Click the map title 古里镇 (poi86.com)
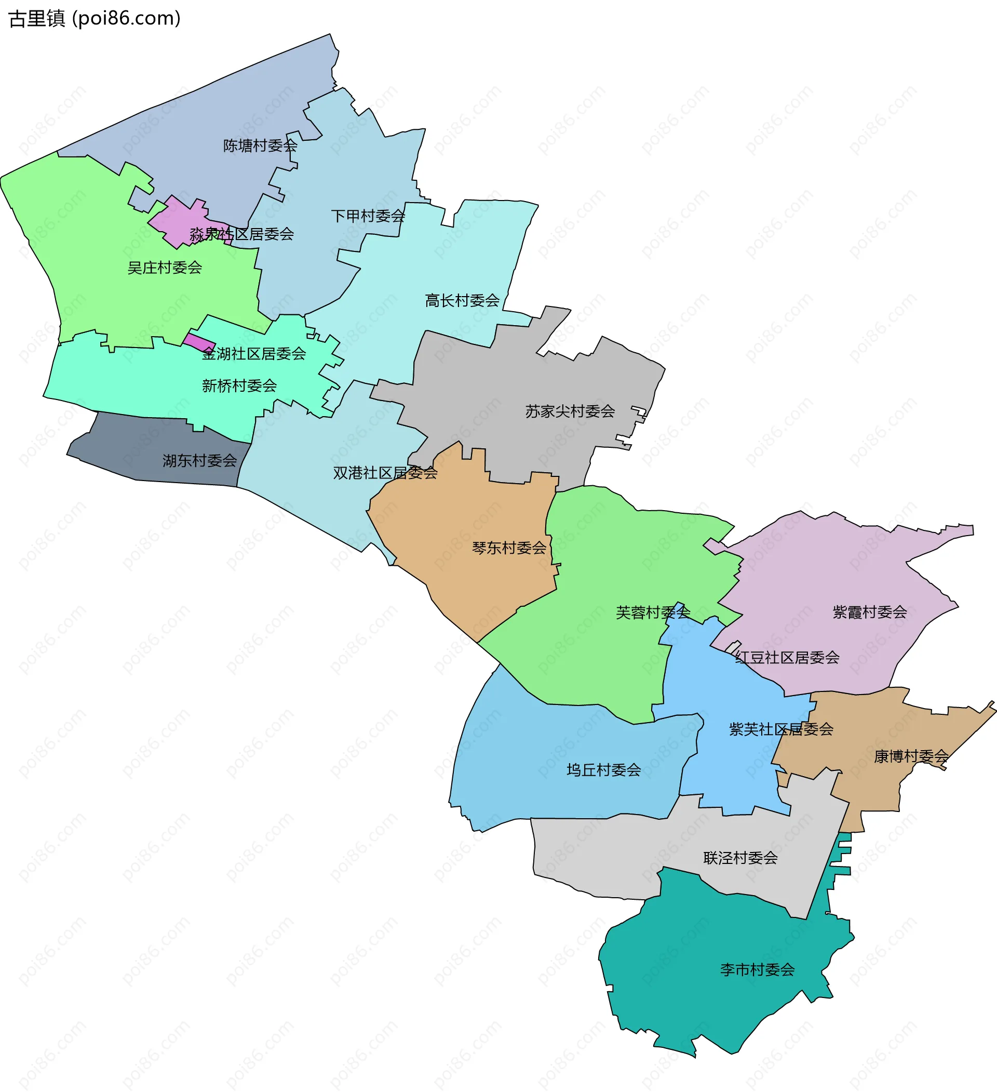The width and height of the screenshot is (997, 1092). (x=95, y=18)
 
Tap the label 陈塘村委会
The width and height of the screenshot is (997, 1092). (x=260, y=145)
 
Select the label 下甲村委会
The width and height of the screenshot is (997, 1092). (x=368, y=216)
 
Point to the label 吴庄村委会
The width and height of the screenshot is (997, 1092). (x=165, y=268)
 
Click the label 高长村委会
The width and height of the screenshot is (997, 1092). (x=462, y=301)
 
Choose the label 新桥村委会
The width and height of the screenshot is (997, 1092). (x=239, y=385)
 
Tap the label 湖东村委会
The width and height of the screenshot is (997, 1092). (x=200, y=460)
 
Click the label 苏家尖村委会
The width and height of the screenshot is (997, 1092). (x=570, y=411)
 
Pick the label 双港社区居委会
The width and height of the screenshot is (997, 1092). (x=385, y=473)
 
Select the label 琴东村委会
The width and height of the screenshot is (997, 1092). (x=509, y=548)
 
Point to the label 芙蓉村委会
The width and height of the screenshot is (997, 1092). (x=653, y=612)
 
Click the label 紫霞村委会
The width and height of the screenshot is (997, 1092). (x=869, y=612)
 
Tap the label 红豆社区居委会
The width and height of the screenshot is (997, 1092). (x=787, y=658)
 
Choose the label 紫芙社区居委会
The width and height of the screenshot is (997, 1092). (x=781, y=729)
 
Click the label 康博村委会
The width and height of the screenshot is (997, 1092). (x=911, y=756)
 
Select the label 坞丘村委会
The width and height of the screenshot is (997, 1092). (x=603, y=770)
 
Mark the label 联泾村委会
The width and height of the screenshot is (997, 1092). (x=740, y=858)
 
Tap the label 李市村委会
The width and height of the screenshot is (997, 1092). (x=757, y=969)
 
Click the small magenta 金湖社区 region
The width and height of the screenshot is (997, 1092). (x=199, y=342)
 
